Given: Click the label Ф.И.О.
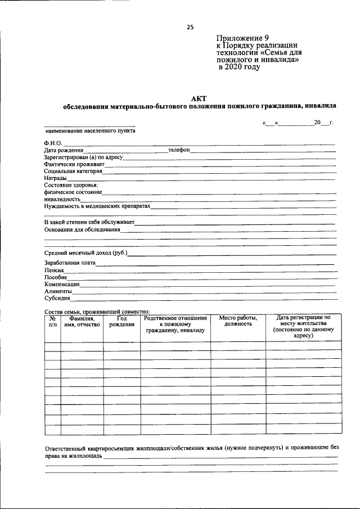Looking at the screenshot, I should point(53,143).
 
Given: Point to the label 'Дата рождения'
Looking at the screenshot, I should point(64,151).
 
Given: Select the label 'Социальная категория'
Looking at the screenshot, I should point(73,171).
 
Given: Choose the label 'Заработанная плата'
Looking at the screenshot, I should point(70,263).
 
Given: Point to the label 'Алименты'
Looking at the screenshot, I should point(58,291).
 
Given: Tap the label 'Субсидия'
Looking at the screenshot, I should point(57,299).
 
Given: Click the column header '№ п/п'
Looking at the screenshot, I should point(53,321).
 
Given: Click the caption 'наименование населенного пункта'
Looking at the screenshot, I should point(90,130).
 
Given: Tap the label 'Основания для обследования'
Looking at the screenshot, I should point(82,229).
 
